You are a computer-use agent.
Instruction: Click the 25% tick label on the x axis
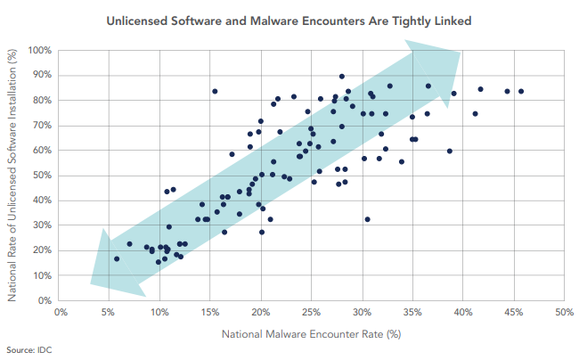[312, 313]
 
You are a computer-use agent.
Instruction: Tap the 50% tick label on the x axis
[563, 313]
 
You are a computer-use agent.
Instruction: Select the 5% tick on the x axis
[110, 313]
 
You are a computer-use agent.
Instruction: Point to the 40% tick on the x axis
[462, 313]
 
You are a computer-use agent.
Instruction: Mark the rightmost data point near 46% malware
[521, 91]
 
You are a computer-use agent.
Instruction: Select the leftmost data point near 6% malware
[117, 259]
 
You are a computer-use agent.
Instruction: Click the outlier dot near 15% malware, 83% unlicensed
[215, 91]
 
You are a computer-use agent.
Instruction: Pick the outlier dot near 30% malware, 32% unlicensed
[367, 219]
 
